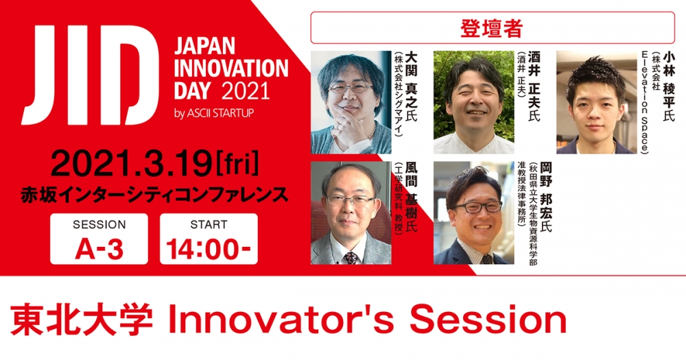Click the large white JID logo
click(84, 75)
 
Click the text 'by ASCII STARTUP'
click(214, 114)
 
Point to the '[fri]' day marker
click(236, 165)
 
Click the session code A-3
click(99, 250)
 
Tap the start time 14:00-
click(209, 250)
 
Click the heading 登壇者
click(491, 28)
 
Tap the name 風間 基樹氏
click(411, 197)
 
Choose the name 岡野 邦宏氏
click(545, 197)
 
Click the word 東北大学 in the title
click(82, 321)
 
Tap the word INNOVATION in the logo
click(231, 69)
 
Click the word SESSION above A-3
click(99, 225)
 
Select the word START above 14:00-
click(209, 225)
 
